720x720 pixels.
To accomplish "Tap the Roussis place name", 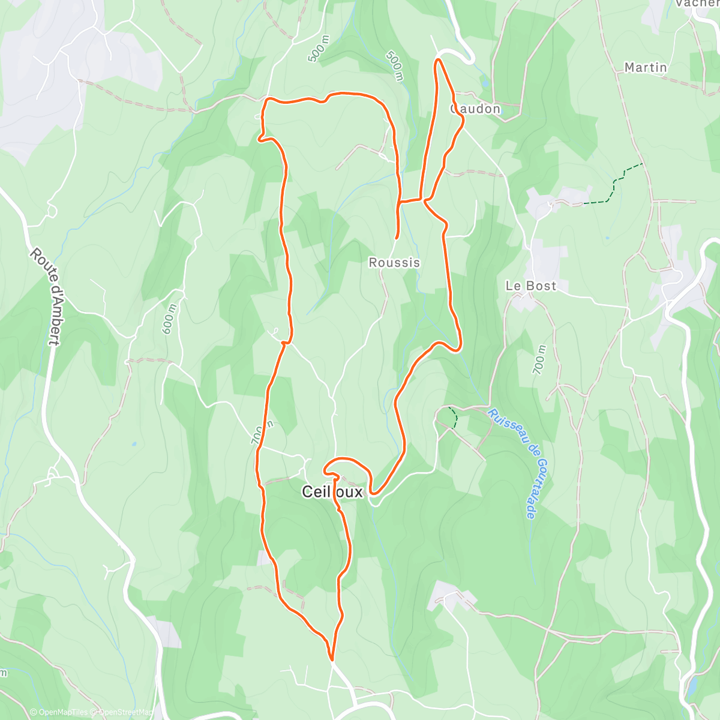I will pos(394,263).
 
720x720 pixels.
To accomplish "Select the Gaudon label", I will pos(476,109).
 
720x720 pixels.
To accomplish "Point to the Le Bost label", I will pos(531,286).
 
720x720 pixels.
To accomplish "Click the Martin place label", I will pos(646,67).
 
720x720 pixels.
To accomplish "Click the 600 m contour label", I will pos(170,319).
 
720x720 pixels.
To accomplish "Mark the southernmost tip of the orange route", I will pos(331,659).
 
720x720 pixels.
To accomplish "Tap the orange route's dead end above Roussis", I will pos(397,238).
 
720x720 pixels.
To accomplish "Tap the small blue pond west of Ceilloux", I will pos(133,445).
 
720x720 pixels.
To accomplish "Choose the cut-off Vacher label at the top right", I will pos(696,4).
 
